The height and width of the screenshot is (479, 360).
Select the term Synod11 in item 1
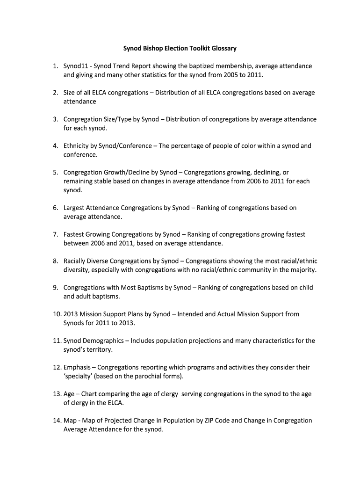pos(76,66)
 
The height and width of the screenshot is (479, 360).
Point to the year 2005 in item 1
pos(232,75)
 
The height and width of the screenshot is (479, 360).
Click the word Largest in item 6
pos(75,208)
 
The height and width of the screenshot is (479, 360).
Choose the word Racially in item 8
pos(76,261)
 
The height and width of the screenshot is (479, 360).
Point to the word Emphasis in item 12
pos(77,367)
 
